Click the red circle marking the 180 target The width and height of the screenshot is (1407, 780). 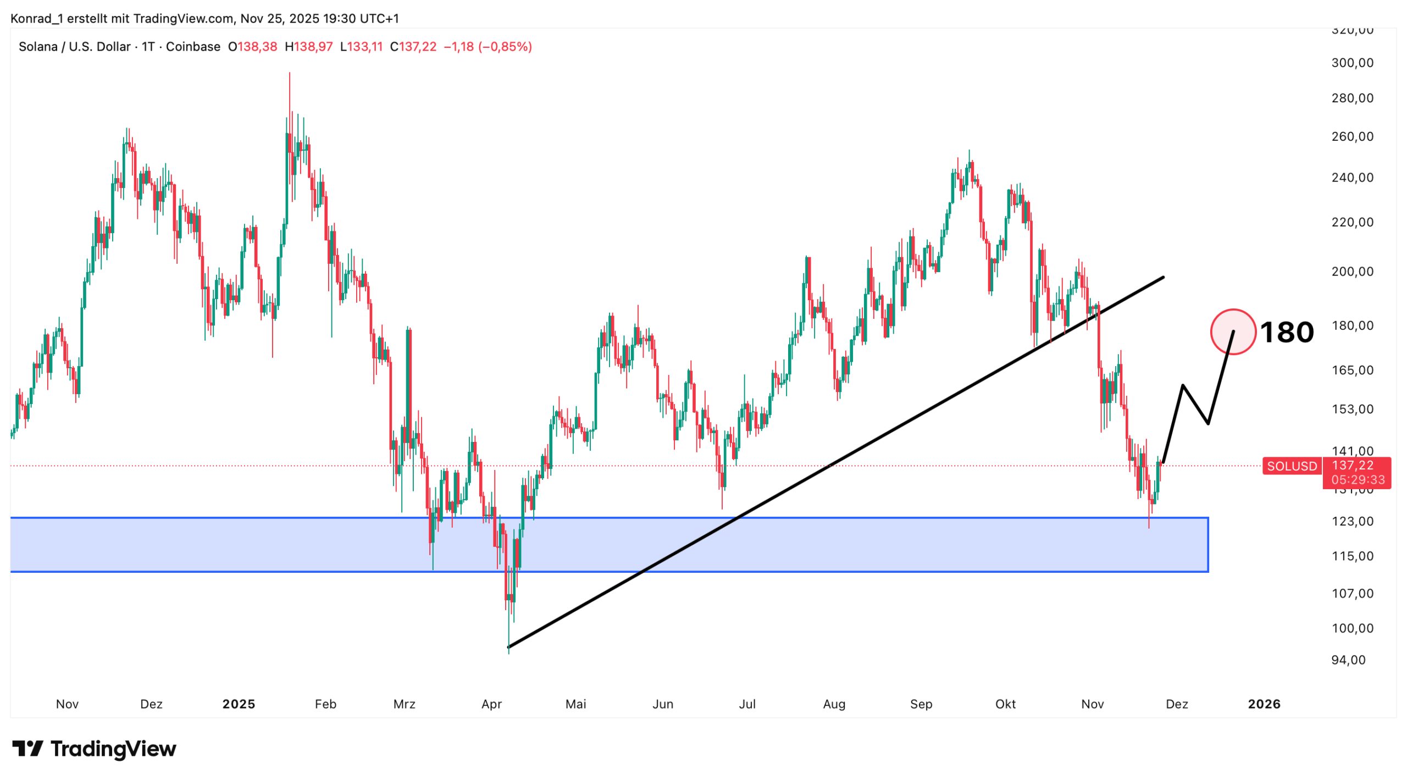[1233, 331]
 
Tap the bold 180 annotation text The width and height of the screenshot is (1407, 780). [1287, 333]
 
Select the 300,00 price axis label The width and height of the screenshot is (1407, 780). [1352, 63]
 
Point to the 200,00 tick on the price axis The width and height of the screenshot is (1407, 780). [1352, 271]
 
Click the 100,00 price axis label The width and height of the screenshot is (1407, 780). [1352, 628]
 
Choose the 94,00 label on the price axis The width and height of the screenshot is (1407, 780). [1348, 660]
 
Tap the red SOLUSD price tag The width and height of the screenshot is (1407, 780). [1292, 466]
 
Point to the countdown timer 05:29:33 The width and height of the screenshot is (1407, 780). [1358, 479]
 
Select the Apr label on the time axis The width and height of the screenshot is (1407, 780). [491, 704]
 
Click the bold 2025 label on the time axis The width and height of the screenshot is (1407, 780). [239, 704]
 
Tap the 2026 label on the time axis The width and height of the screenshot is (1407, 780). [1264, 704]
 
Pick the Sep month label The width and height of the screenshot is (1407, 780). [921, 704]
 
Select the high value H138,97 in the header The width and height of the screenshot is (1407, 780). [309, 47]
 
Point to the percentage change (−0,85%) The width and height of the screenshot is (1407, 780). [505, 47]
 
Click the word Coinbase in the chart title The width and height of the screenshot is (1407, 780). [193, 47]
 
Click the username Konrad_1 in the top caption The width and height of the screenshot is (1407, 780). [36, 19]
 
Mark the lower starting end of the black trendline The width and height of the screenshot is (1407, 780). [509, 646]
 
